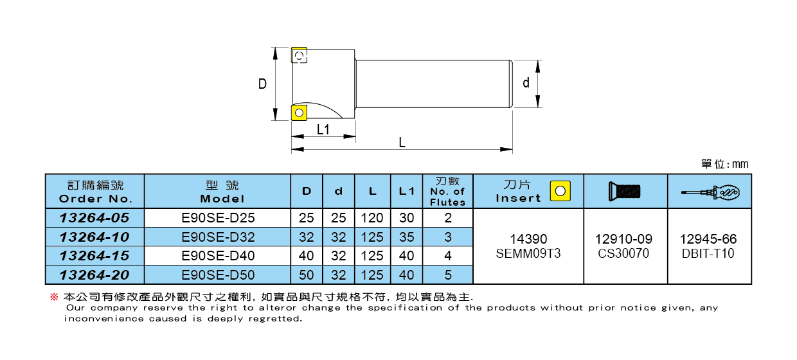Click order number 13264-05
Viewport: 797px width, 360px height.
94,218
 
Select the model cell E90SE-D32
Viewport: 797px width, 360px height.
218,237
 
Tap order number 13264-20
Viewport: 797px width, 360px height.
94,275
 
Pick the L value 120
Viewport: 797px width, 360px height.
372,218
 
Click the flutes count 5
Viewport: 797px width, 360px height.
447,275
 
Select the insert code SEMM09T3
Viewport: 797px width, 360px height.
528,253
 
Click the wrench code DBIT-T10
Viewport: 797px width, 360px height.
709,253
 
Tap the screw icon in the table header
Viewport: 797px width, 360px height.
625,191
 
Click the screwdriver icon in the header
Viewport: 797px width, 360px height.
710,191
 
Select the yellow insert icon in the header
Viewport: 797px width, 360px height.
560,191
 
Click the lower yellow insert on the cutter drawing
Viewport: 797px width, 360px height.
299,113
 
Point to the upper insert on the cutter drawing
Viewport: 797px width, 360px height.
299,57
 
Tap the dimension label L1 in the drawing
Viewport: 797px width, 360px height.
323,129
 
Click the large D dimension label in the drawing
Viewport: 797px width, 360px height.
262,84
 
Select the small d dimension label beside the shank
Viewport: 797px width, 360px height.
526,83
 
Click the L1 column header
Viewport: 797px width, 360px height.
406,191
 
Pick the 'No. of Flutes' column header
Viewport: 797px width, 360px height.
447,191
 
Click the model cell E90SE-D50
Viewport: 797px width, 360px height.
218,275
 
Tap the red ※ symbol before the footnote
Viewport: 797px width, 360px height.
54,298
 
